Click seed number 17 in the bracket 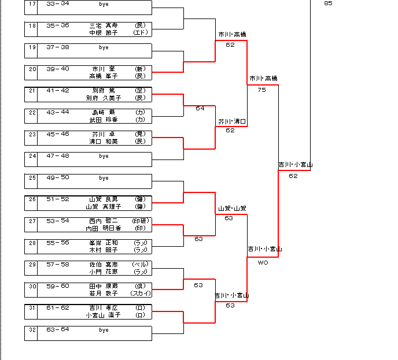click(x=32, y=3)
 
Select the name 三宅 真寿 click(x=104, y=25)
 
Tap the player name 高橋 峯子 click(x=104, y=76)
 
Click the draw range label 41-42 click(x=57, y=90)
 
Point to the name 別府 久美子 click(x=104, y=98)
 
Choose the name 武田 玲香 click(x=104, y=120)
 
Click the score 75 click(x=261, y=90)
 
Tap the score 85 click(x=328, y=3)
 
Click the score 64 click(x=200, y=108)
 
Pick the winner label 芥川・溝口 click(x=232, y=122)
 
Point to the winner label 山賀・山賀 click(x=232, y=208)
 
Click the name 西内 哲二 click(x=104, y=221)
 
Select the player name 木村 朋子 click(x=104, y=250)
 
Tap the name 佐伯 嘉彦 click(x=104, y=264)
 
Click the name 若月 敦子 click(x=104, y=294)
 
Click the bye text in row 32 click(x=104, y=330)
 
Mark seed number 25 click(x=32, y=177)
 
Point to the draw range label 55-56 click(x=57, y=243)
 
